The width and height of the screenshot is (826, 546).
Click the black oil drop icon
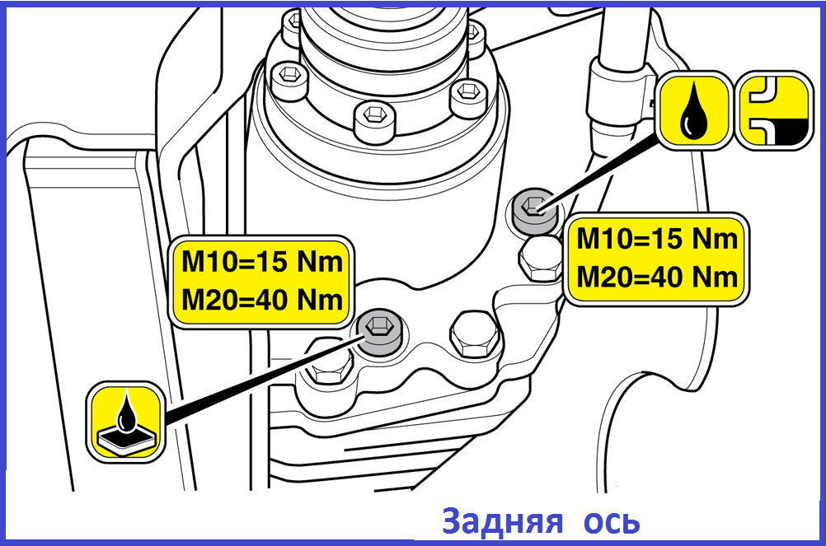click(x=694, y=110)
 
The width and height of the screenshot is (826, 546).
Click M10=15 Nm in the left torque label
click(x=262, y=261)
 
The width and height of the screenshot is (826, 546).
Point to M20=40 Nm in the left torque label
click(x=262, y=300)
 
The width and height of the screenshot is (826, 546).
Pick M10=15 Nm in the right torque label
click(x=657, y=238)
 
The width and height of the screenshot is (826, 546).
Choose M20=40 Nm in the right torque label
click(x=657, y=277)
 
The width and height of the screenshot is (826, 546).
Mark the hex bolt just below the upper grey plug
click(x=541, y=259)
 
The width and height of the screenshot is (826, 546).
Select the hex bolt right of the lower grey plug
click(x=475, y=335)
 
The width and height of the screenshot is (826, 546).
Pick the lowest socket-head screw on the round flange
click(x=375, y=120)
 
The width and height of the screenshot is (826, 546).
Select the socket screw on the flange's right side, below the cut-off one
click(x=467, y=98)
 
